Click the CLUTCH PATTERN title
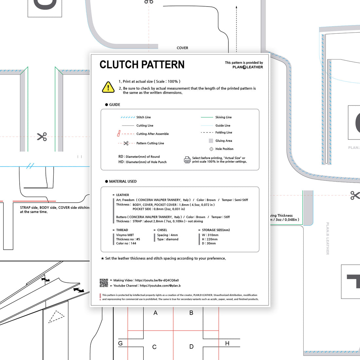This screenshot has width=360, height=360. click(142, 64)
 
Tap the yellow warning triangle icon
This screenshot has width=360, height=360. click(108, 87)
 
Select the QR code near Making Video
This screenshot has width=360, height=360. click(104, 283)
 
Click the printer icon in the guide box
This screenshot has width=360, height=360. click(187, 160)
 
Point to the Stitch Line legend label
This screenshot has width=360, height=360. click(143, 117)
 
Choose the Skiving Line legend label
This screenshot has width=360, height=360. click(223, 117)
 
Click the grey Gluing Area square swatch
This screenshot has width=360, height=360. click(211, 141)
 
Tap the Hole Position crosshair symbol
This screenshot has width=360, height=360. click(211, 149)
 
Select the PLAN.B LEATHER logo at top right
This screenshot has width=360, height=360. click(247, 67)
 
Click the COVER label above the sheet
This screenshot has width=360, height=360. click(182, 48)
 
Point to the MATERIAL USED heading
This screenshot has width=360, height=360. click(123, 181)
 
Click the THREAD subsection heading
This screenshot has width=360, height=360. click(122, 230)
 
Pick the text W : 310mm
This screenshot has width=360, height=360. click(210, 235)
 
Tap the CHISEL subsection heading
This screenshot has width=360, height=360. click(162, 230)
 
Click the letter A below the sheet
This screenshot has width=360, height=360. click(155, 313)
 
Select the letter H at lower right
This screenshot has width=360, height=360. click(227, 343)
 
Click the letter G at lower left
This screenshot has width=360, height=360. click(120, 343)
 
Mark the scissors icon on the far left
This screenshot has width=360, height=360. click(42, 136)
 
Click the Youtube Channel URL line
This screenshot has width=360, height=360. click(147, 286)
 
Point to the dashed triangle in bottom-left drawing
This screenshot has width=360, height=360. click(56, 316)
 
